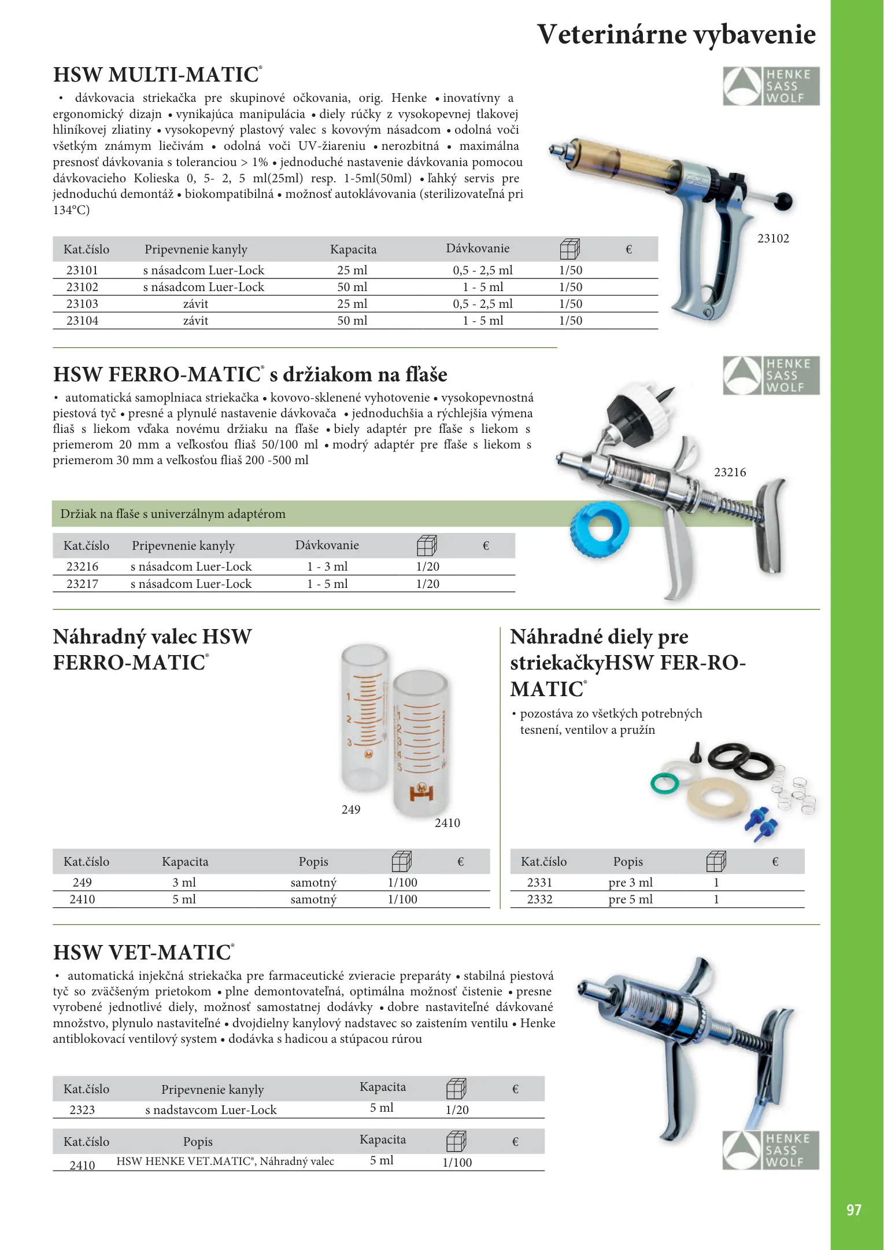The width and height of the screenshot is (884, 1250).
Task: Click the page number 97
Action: point(853,1210)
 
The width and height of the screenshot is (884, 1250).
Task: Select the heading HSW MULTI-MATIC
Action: point(157,75)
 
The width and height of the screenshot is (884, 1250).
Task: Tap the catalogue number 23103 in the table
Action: point(82,304)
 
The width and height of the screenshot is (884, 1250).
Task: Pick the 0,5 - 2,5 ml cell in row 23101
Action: point(482,270)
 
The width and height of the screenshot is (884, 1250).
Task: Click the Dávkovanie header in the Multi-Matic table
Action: point(478,249)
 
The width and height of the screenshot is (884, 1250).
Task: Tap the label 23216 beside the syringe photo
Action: point(730,472)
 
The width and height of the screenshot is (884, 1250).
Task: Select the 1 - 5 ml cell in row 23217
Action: point(327,584)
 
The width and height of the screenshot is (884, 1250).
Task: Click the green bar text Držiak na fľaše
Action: point(173,514)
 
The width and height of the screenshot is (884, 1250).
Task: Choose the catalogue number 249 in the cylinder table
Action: point(82,883)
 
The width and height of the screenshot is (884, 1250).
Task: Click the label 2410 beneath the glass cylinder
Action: point(447,823)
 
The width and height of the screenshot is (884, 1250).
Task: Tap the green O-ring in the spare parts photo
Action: point(664,784)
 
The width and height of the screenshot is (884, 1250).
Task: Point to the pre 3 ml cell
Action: point(630,883)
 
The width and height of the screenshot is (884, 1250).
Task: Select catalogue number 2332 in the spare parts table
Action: point(539,899)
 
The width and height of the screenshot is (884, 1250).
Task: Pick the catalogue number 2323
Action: point(82,1110)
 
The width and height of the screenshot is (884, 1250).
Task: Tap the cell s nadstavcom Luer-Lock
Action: point(211,1110)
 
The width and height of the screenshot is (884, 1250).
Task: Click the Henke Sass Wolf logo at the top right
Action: point(771,86)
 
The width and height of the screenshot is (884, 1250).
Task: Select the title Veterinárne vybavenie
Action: point(676,34)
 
